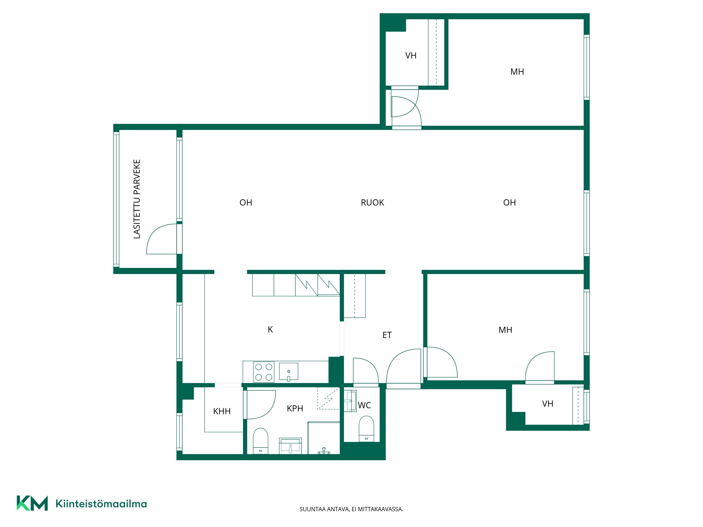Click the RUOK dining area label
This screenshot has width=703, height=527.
(x=372, y=203)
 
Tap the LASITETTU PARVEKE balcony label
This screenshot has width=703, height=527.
(x=137, y=199)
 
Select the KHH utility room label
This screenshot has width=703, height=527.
(x=222, y=411)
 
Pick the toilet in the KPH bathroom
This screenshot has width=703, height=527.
(x=261, y=441)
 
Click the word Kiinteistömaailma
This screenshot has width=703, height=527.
(x=101, y=504)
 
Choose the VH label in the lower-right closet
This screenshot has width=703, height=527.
(x=548, y=404)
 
